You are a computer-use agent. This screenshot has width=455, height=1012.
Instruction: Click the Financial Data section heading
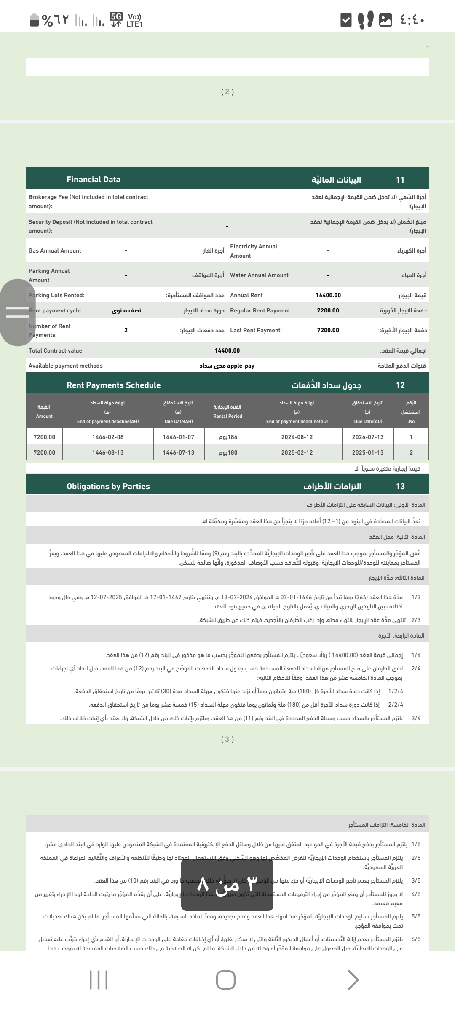pos(94,180)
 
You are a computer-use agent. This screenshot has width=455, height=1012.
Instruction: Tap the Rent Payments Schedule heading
pos(113,385)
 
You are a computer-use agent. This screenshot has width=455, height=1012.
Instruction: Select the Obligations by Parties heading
pos(108,486)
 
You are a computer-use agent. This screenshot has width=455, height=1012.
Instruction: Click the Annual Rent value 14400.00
pos(328,295)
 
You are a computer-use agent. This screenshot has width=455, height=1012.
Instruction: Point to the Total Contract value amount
pos(227,350)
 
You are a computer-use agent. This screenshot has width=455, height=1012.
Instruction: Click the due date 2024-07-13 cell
pos(368,437)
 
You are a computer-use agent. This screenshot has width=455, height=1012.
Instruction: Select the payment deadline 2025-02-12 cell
pos(297,452)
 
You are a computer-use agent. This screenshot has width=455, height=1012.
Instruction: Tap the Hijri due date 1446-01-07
pos(179,437)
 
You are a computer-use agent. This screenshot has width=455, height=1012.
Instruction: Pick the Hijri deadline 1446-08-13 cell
pos(108,452)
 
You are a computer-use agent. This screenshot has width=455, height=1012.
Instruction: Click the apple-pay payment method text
pos(241,366)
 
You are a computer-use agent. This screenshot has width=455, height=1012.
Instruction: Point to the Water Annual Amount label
pos(259,275)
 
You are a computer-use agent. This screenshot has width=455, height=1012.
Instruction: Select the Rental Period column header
pos(227,412)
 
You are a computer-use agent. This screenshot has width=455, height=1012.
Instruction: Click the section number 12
pos(400,385)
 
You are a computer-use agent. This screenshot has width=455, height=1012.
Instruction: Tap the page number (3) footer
pos(227,739)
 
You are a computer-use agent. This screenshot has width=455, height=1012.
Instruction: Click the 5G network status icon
pos(116,19)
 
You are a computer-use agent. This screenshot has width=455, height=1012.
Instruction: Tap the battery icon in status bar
pos(34,20)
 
